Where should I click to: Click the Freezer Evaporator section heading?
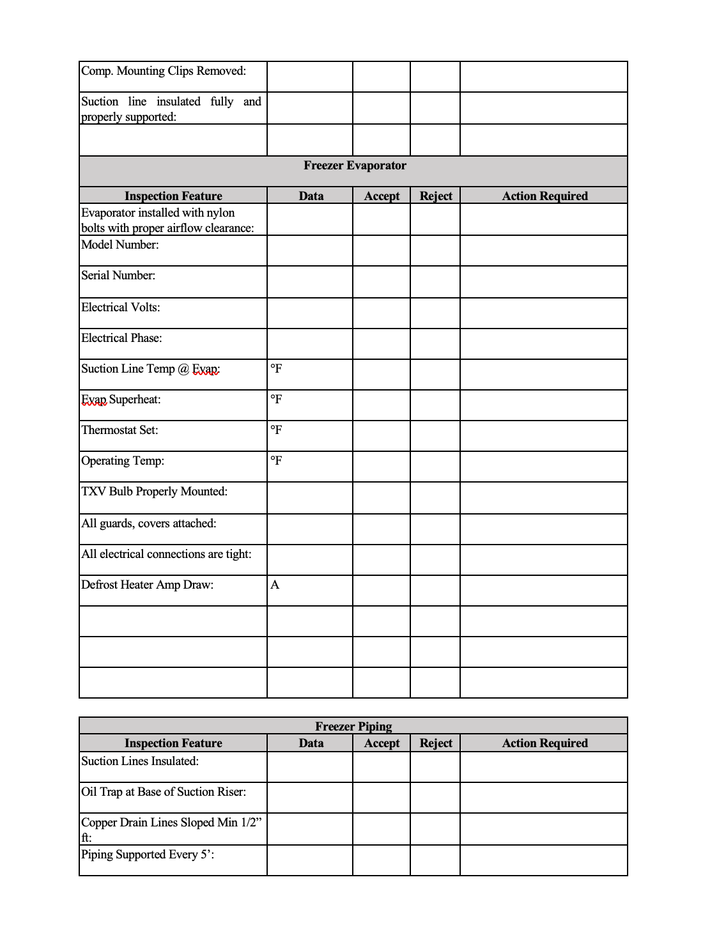click(355, 166)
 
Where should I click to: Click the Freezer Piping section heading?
click(353, 726)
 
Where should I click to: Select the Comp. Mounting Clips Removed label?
click(164, 71)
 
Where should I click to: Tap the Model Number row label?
click(120, 245)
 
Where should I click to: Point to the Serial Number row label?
click(118, 275)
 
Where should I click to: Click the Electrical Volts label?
click(121, 307)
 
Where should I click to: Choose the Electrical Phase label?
click(121, 338)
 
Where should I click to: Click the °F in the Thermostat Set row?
click(276, 430)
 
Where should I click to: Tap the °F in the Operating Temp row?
click(276, 461)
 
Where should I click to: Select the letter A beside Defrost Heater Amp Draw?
click(275, 585)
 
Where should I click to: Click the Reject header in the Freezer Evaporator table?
click(435, 196)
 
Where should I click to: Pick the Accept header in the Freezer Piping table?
click(382, 743)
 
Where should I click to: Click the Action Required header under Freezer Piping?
click(545, 743)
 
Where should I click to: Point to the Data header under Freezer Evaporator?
click(311, 196)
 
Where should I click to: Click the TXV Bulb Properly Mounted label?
click(154, 492)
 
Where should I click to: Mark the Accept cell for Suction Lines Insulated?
click(382, 767)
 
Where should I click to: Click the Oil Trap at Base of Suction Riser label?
click(164, 792)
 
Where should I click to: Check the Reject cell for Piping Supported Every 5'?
click(435, 860)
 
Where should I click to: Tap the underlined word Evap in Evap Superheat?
click(94, 399)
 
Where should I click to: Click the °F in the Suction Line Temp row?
click(276, 369)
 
